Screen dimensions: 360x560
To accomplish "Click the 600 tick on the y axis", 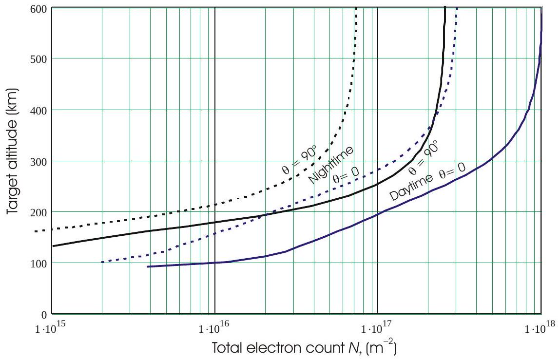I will coord(39,8).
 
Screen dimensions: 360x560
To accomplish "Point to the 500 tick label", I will coord(39,59).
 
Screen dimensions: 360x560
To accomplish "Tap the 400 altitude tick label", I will coord(39,110).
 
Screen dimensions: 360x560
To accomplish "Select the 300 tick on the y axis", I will coord(39,161).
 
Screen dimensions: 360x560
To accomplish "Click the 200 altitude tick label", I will coord(39,212).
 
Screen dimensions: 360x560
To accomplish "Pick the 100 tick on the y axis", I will coord(39,263).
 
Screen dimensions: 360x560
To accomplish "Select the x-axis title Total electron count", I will coord(305,349).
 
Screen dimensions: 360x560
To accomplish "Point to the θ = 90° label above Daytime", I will coord(422,157).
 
